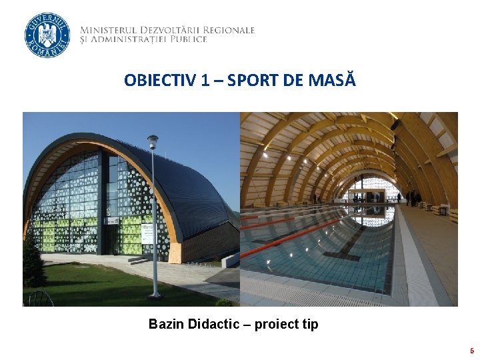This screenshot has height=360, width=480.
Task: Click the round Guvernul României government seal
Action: (47, 35)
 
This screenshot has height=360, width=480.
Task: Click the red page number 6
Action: (471, 351)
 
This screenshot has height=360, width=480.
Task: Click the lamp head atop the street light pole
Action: (153, 141)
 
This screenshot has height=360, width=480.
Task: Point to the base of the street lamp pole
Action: (155, 294)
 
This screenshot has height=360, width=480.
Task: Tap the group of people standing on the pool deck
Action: (412, 197)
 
